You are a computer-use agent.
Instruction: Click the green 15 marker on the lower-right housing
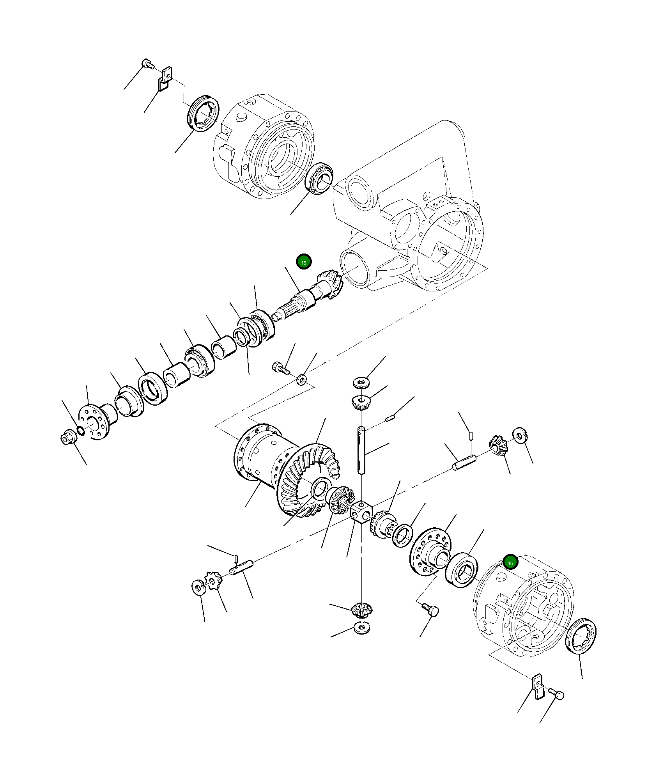pyautogui.click(x=510, y=562)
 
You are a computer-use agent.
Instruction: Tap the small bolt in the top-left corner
pyautogui.click(x=147, y=64)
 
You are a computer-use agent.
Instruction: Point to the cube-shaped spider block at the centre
pyautogui.click(x=361, y=512)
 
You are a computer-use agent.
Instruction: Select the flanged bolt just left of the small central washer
pyautogui.click(x=281, y=367)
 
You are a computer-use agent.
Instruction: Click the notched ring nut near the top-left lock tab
pyautogui.click(x=203, y=113)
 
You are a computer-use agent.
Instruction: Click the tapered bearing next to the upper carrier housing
pyautogui.click(x=320, y=179)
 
